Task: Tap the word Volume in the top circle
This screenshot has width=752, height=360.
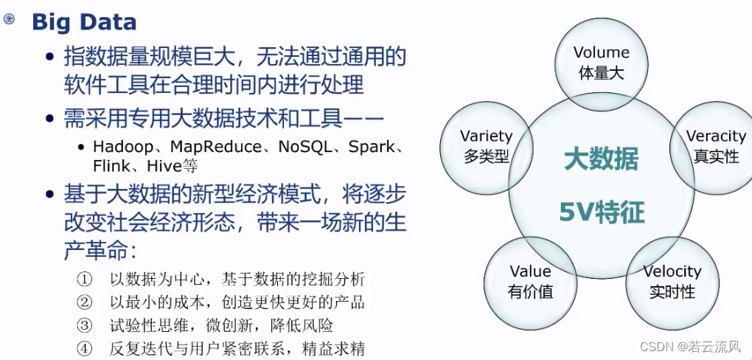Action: (x=602, y=52)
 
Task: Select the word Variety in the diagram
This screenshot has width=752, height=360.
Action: (x=486, y=136)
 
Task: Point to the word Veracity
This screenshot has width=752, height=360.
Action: (x=716, y=136)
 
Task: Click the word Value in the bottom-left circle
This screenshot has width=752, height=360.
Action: (x=530, y=271)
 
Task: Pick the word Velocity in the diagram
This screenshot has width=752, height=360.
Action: (x=672, y=271)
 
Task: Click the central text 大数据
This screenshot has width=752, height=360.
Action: (x=602, y=159)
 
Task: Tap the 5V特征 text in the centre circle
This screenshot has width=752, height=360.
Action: (x=602, y=213)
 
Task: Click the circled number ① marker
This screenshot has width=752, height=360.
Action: (x=85, y=280)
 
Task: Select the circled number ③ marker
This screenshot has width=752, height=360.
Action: (x=85, y=325)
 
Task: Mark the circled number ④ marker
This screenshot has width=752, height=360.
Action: (x=85, y=348)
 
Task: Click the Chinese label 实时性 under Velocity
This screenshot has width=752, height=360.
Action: (x=672, y=291)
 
